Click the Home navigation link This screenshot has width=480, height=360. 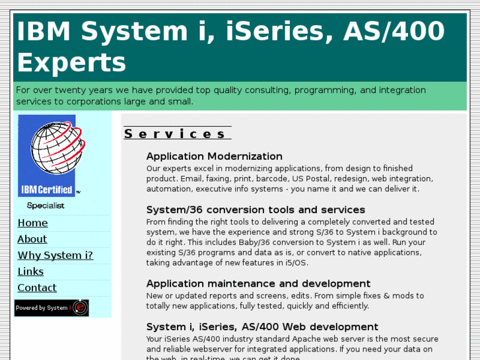[32, 223]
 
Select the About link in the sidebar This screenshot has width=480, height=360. [32, 239]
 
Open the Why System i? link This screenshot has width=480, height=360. [55, 256]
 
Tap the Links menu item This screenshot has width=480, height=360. [30, 271]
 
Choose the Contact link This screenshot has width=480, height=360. [37, 288]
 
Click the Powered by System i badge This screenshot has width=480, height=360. [51, 308]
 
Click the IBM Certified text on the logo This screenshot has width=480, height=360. [46, 190]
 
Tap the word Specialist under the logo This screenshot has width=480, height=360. [46, 205]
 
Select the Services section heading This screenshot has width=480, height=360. [176, 134]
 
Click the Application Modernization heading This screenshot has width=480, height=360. [214, 157]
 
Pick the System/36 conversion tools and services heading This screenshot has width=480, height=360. [255, 210]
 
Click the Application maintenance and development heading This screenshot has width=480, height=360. [258, 284]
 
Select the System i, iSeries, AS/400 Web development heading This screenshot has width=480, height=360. [262, 327]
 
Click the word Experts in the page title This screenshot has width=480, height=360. [71, 63]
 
